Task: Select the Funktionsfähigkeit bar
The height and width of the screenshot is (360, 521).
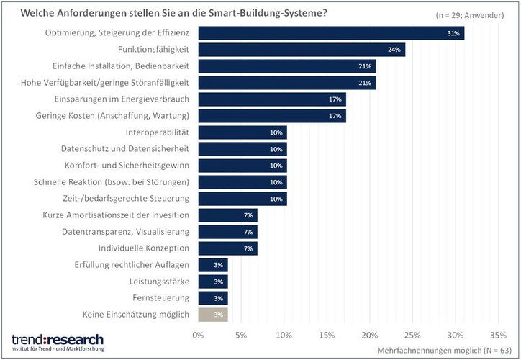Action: point(301,50)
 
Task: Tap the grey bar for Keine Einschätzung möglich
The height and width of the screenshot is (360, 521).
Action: point(212,314)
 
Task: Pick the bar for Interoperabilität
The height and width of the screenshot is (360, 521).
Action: point(242,132)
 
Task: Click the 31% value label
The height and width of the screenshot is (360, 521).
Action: point(453,33)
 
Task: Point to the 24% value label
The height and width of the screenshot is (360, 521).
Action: point(394,50)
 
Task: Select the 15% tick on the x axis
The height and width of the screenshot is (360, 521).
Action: point(327,335)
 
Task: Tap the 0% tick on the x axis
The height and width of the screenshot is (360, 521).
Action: point(199,335)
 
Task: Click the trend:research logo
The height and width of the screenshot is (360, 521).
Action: point(58,341)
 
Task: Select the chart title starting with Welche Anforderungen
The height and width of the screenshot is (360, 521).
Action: point(180,12)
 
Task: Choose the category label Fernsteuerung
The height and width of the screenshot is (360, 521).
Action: point(161,297)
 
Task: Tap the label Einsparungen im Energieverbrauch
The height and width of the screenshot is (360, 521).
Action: point(122,99)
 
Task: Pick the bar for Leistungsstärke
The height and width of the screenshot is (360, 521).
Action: point(212,281)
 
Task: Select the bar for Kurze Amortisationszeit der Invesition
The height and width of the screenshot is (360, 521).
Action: point(227,215)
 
